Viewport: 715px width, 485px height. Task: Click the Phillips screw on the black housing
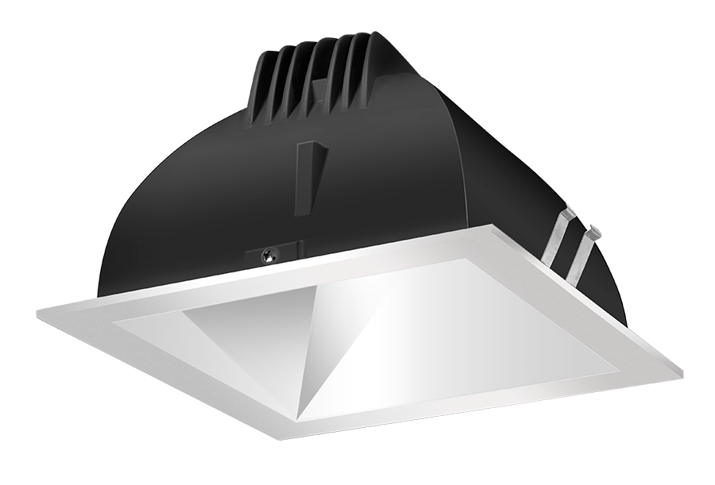[269, 256]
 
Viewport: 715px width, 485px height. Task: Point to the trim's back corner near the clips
[499, 227]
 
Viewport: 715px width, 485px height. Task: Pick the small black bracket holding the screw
[278, 252]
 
